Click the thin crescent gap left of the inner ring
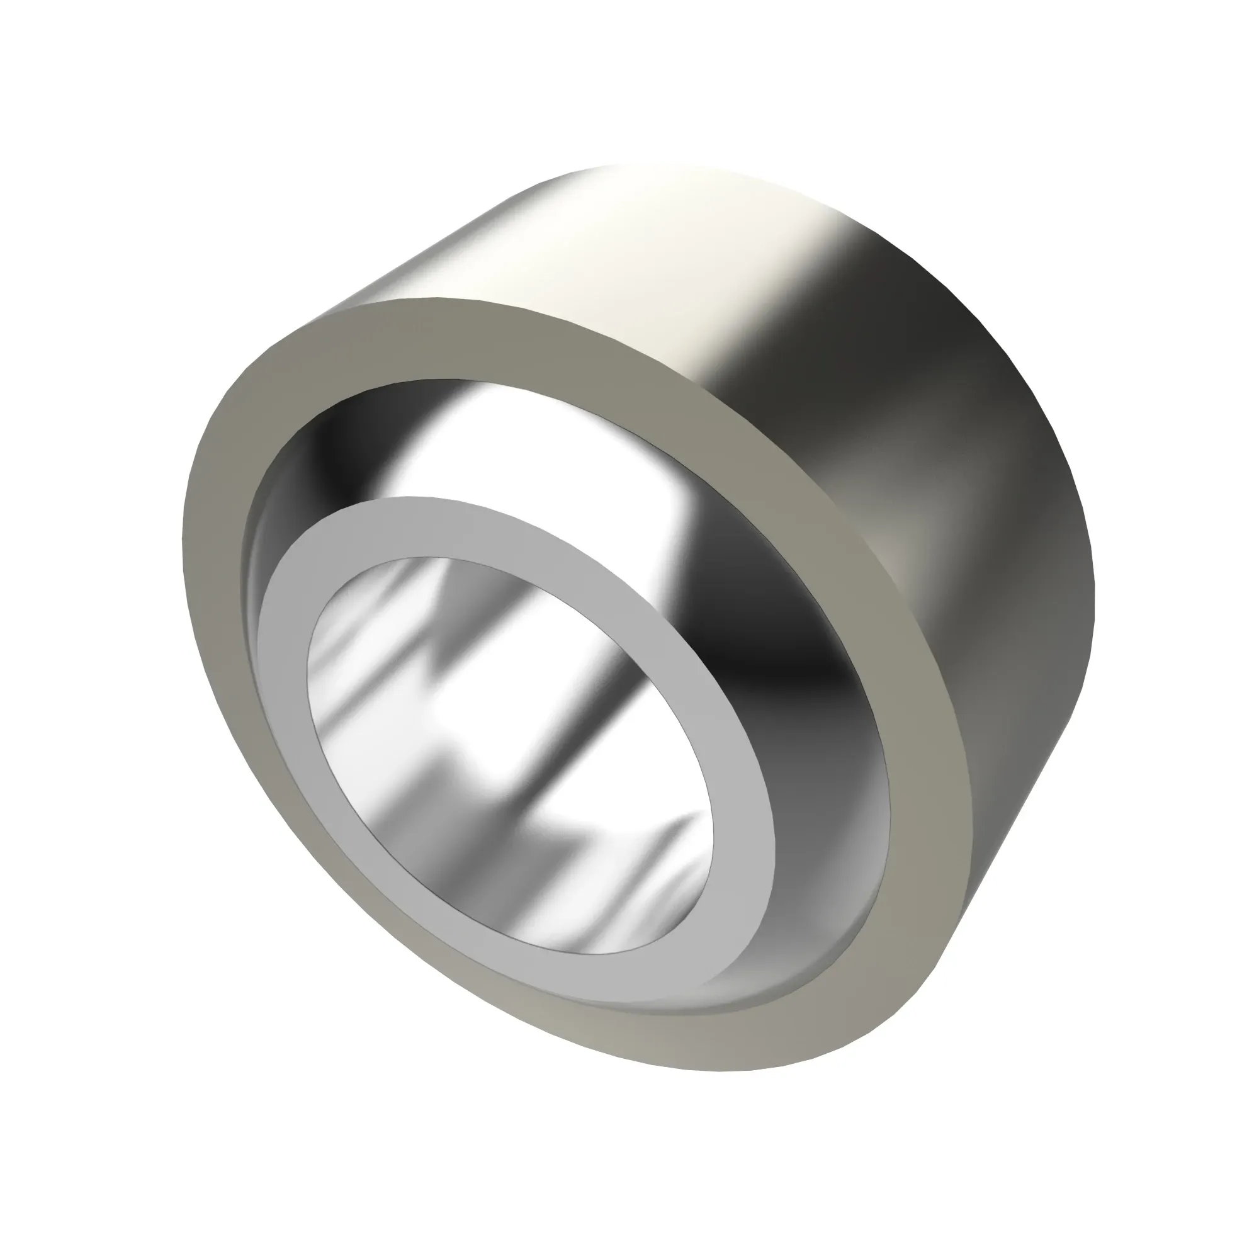coord(251,573)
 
